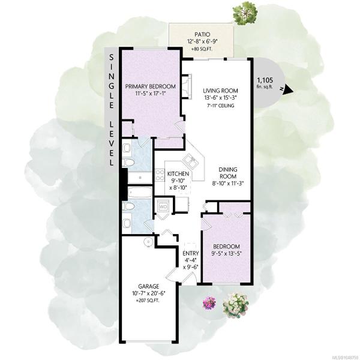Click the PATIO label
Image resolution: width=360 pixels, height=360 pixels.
pos(202,35)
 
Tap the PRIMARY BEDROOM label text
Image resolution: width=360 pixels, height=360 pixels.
pos(151,86)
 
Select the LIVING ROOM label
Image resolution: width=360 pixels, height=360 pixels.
pos(220,91)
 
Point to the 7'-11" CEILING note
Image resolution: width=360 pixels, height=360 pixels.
pos(220,106)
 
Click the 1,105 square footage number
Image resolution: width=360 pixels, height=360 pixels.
pos(265,80)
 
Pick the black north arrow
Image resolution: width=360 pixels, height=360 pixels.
pos(289,89)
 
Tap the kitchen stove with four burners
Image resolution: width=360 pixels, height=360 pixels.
pos(160,175)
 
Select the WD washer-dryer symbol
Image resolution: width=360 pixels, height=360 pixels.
pos(163,206)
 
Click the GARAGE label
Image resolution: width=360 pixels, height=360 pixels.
pos(148,286)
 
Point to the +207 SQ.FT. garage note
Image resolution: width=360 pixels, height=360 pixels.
pos(148,301)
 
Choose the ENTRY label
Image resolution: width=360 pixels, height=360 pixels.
pos(191,253)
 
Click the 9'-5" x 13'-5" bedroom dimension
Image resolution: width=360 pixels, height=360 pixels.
pos(226,253)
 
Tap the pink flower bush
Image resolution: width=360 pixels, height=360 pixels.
pos(209,303)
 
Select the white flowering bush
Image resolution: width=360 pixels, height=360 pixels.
pos(236,305)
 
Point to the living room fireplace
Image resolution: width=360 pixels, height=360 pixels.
pos(187,86)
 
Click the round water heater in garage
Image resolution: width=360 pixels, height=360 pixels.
pos(148,242)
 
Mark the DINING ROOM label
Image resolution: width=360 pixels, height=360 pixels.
pos(227,173)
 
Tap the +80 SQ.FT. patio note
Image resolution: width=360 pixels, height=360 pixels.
pos(202,49)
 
